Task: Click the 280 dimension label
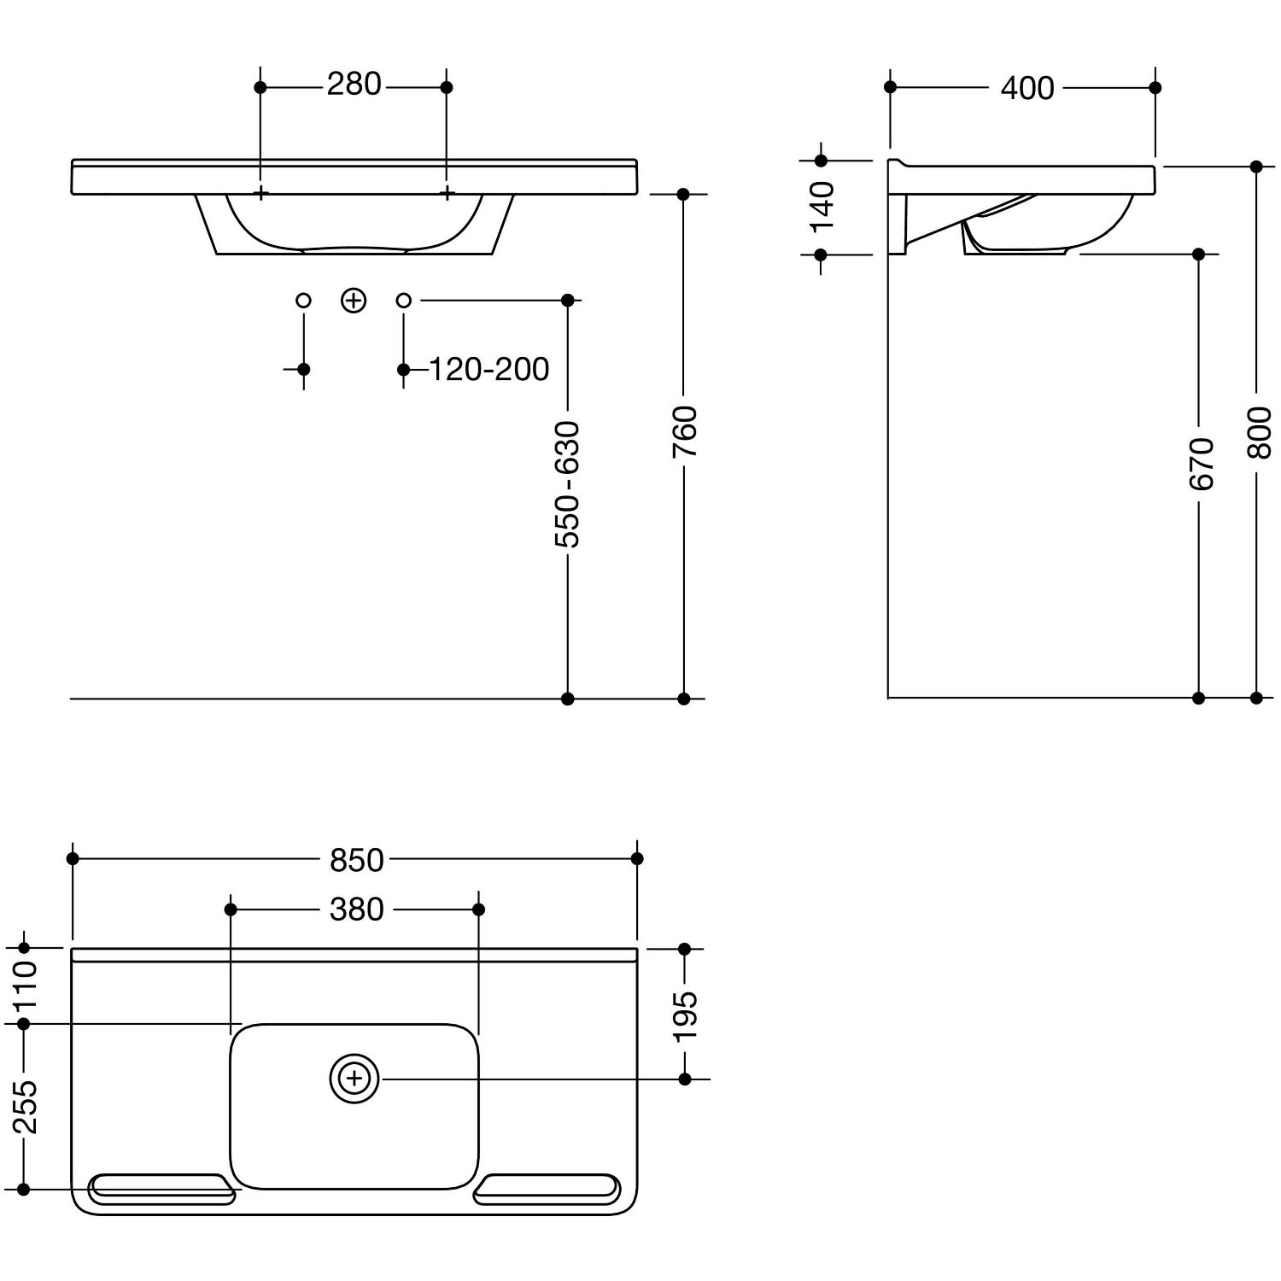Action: point(354,85)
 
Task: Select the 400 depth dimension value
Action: point(1027,88)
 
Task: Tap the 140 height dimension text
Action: point(822,207)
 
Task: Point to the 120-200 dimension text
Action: point(488,370)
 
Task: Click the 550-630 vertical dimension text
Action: point(567,484)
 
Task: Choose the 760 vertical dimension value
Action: point(684,431)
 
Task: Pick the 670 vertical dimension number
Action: point(1201,464)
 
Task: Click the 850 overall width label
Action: point(357,860)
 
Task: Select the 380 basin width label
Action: point(357,910)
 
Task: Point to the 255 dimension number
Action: point(25,1107)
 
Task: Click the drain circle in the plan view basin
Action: point(354,1079)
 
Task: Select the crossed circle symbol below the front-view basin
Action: point(354,301)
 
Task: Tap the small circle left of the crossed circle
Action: point(303,300)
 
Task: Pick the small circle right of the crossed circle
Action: point(404,300)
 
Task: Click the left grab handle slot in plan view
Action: point(162,1190)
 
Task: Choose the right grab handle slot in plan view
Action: point(547,1190)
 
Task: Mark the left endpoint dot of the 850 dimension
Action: point(73,858)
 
